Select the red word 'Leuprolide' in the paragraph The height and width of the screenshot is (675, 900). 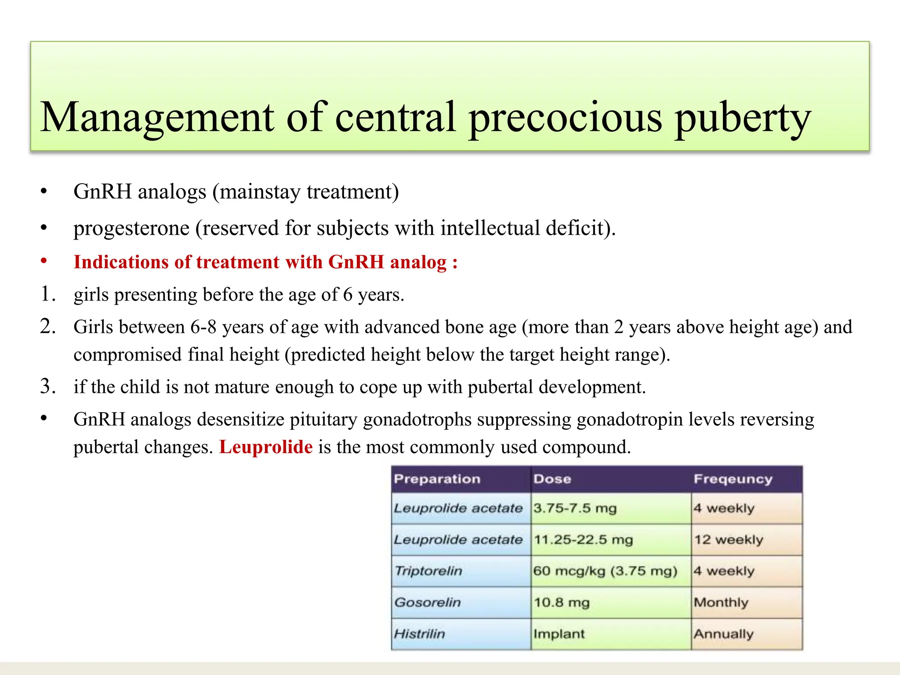(x=266, y=447)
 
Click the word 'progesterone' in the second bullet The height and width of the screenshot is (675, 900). (x=131, y=229)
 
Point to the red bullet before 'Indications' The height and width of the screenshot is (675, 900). (x=44, y=261)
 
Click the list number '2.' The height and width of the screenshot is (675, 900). (x=48, y=327)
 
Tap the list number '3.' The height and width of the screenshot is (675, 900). (x=48, y=386)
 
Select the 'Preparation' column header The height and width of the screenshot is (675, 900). (x=437, y=479)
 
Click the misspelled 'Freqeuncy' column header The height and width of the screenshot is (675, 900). (x=733, y=479)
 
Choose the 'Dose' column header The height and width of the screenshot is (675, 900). (x=552, y=479)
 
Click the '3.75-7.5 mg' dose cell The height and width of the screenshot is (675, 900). (x=575, y=508)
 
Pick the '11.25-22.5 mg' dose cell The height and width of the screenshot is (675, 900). (x=583, y=540)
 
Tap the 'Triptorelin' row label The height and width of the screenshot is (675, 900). (x=428, y=571)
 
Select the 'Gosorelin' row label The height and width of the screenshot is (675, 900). (x=427, y=602)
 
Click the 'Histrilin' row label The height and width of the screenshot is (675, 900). (x=419, y=634)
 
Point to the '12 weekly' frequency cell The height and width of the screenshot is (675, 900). (x=729, y=540)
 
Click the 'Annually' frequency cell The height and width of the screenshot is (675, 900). (x=723, y=634)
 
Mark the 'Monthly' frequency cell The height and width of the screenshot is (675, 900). (x=721, y=602)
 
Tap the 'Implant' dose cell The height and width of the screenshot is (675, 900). (x=559, y=634)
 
